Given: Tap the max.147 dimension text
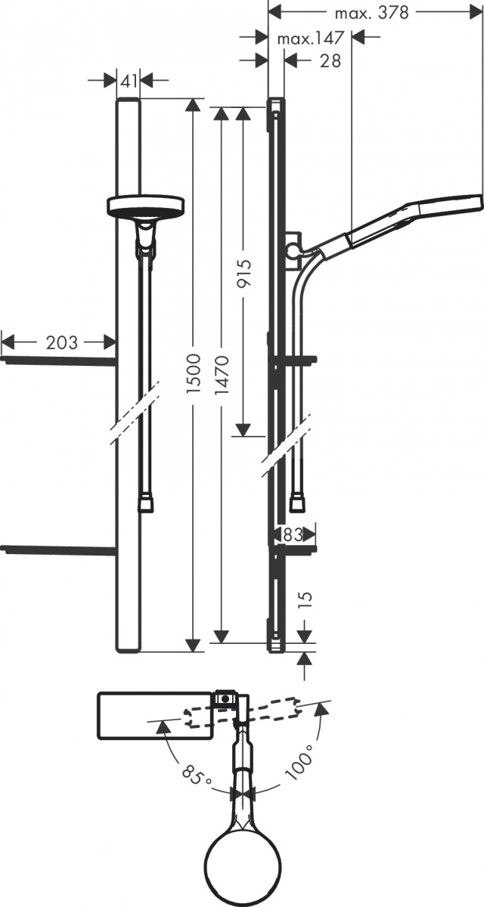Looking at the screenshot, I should tap(310, 38).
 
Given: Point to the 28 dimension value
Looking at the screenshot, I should tap(330, 61).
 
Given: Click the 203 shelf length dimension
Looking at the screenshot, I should tap(60, 342).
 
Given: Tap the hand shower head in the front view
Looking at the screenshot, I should tap(147, 206).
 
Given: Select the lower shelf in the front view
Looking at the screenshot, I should tap(59, 549).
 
